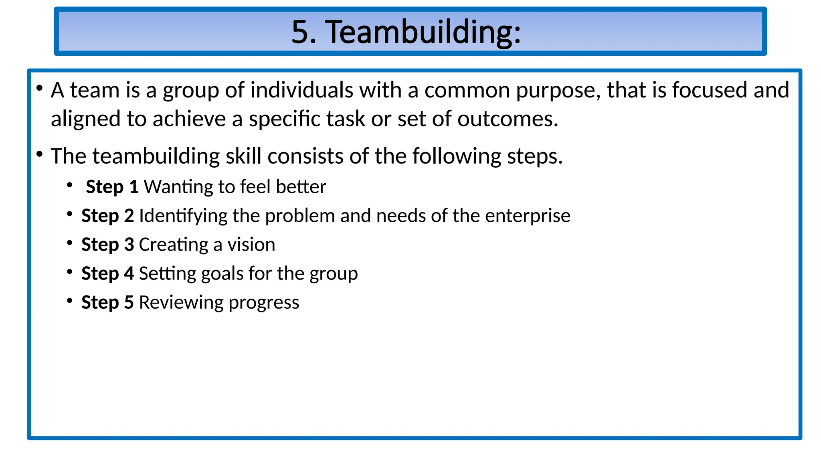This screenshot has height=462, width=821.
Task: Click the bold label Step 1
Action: [112, 187]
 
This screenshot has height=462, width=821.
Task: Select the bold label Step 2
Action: [107, 216]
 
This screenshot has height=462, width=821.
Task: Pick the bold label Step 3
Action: [107, 245]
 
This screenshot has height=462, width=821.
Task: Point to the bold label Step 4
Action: [107, 274]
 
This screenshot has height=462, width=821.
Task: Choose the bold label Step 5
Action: [107, 302]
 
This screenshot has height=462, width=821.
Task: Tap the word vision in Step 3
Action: [251, 245]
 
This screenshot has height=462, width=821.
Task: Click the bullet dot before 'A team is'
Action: [39, 88]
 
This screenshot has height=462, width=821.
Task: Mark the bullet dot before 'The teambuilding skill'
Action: [39, 154]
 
